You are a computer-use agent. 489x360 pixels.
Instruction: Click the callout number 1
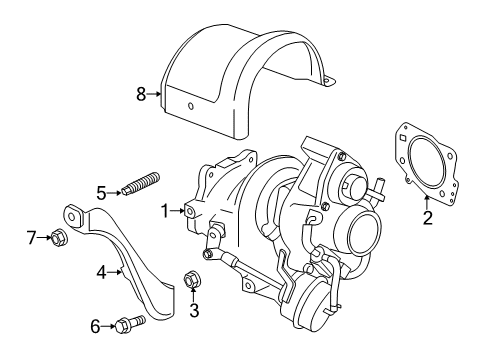click(164, 210)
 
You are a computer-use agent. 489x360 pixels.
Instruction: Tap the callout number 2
click(427, 217)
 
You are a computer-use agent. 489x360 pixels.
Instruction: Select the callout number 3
click(194, 310)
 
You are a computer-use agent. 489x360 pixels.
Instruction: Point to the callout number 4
click(101, 270)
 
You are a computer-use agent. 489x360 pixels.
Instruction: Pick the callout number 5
click(101, 192)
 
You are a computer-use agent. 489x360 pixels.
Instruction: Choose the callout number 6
click(96, 326)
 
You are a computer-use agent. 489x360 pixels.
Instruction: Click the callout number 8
click(141, 94)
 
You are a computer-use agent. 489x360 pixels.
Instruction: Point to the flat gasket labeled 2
click(428, 160)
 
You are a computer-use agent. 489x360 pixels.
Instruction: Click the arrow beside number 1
click(179, 211)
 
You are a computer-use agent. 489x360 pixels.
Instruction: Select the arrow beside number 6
click(110, 325)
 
